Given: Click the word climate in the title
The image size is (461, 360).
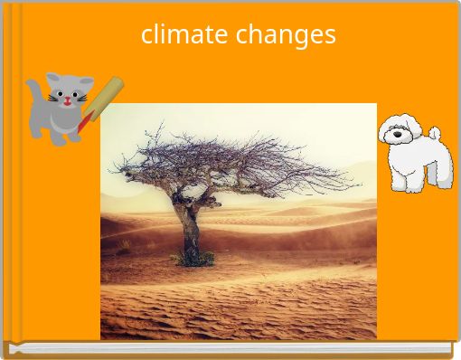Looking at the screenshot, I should click(185, 35).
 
